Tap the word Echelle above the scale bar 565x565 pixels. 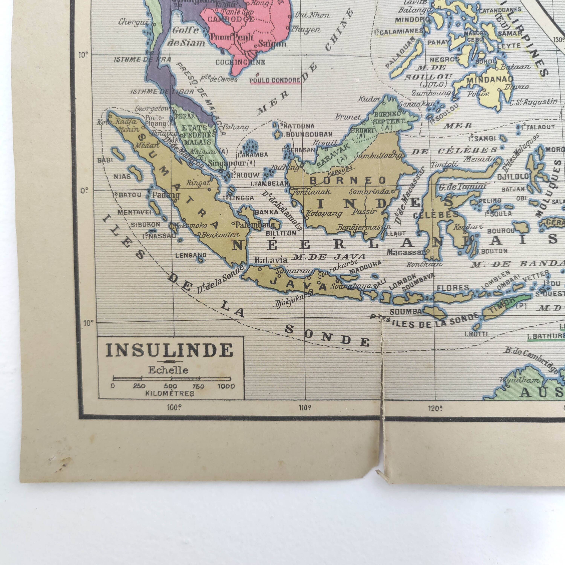click(x=168, y=370)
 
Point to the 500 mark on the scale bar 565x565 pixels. click(x=171, y=386)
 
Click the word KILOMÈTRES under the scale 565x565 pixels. click(x=170, y=393)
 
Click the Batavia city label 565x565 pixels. click(x=267, y=260)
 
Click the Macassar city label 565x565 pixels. click(x=405, y=252)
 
